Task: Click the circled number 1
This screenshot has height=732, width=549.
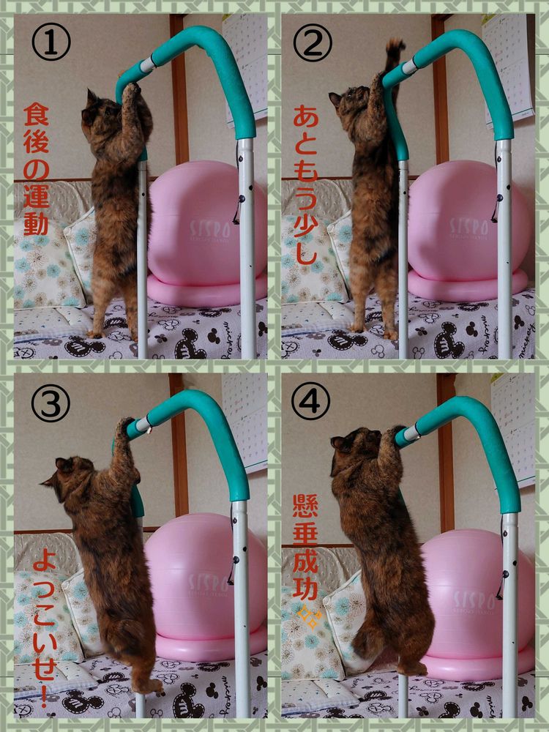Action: (x=51, y=42)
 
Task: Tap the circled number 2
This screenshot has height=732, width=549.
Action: (x=313, y=42)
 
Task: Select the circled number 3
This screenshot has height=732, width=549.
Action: (x=51, y=403)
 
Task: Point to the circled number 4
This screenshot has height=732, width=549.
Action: (x=310, y=400)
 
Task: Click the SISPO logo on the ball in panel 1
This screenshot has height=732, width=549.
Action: (x=210, y=229)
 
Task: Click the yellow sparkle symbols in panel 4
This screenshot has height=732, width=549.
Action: (x=310, y=618)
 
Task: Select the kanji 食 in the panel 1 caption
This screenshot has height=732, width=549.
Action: (x=36, y=114)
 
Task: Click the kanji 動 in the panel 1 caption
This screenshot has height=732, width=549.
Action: (x=36, y=223)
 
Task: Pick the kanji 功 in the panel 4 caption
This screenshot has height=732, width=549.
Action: (x=305, y=590)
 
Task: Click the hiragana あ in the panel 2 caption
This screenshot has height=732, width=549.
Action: (x=306, y=116)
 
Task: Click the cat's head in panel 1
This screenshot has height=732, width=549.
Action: (x=100, y=112)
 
